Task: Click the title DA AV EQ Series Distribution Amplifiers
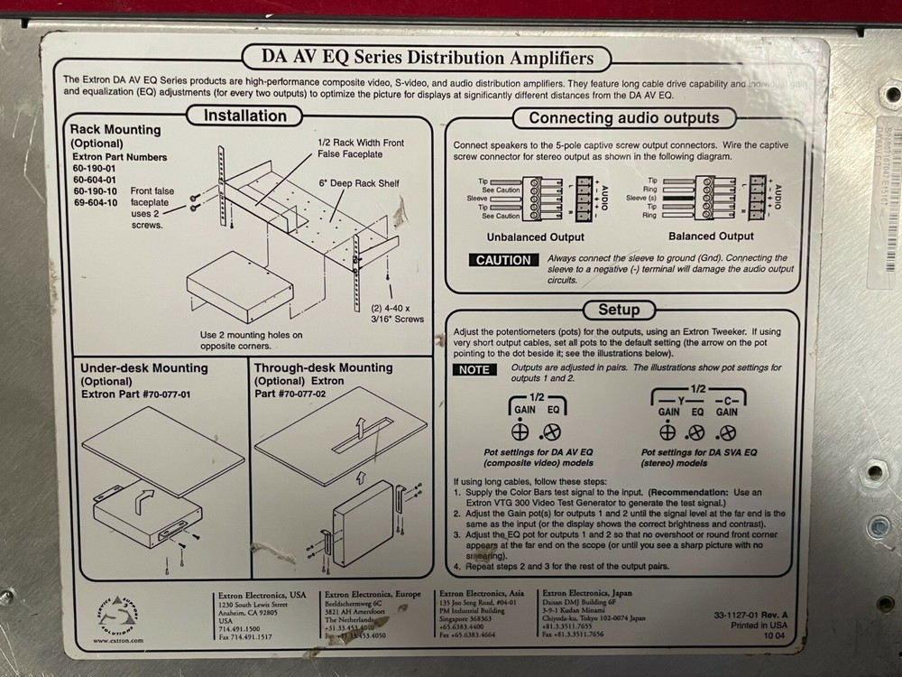[428, 58]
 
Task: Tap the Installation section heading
[244, 116]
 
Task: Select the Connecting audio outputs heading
[623, 117]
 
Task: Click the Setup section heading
[619, 310]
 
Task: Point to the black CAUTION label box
[503, 260]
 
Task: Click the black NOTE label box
[474, 369]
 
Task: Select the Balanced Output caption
[711, 236]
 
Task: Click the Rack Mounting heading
[115, 130]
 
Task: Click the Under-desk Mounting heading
[143, 368]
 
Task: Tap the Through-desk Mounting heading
[323, 368]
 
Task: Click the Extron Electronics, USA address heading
[262, 595]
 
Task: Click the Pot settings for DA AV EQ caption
[524, 453]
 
